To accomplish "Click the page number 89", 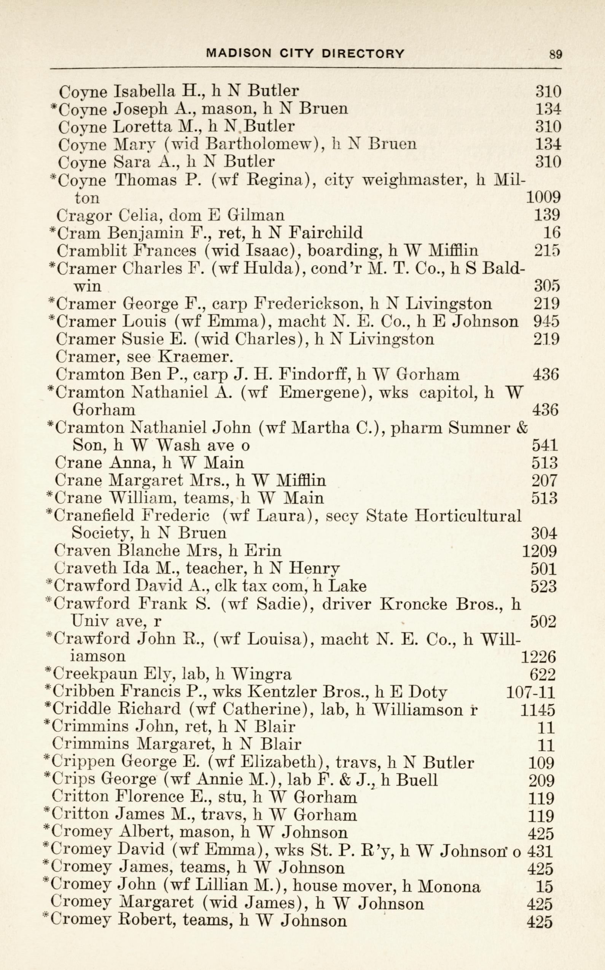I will [556, 54].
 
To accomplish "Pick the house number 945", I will [546, 321].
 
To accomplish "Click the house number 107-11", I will [530, 692].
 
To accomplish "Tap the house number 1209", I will [540, 551].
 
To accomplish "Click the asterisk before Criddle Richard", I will [48, 708].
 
